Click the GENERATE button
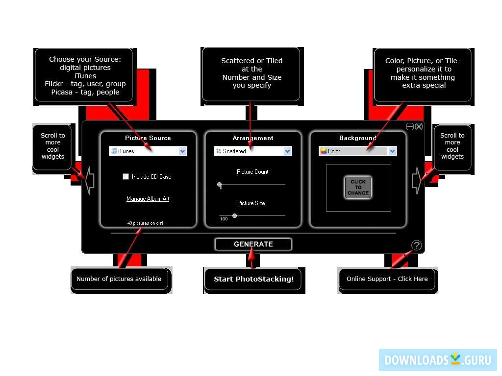click(253, 244)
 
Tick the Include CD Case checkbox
click(126, 177)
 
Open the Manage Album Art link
click(148, 199)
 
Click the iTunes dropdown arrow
click(183, 151)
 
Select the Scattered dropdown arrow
click(288, 151)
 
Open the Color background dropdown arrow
click(392, 151)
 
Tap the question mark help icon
click(416, 245)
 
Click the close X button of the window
click(419, 126)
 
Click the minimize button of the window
click(410, 126)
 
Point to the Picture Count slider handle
click(220, 185)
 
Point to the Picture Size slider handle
click(235, 215)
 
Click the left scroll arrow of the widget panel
click(89, 180)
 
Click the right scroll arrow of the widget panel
click(417, 180)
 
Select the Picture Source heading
click(148, 138)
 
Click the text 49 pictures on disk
click(146, 223)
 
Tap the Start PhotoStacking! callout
click(253, 279)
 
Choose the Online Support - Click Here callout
click(387, 279)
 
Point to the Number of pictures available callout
click(119, 279)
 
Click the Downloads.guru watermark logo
click(437, 360)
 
